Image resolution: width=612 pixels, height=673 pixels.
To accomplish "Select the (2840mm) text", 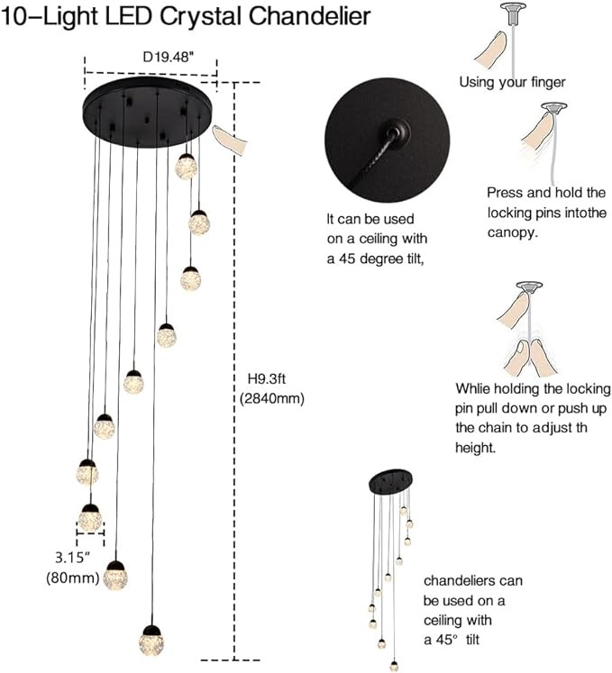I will tap(274, 398).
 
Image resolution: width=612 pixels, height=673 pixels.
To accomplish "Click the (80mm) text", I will tap(72, 577).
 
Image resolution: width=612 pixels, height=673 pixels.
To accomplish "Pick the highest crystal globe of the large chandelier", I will tap(187, 166).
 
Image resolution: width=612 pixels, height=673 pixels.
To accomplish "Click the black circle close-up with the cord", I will tap(388, 144).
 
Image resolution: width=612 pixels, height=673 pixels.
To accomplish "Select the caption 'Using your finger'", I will tap(512, 82).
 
